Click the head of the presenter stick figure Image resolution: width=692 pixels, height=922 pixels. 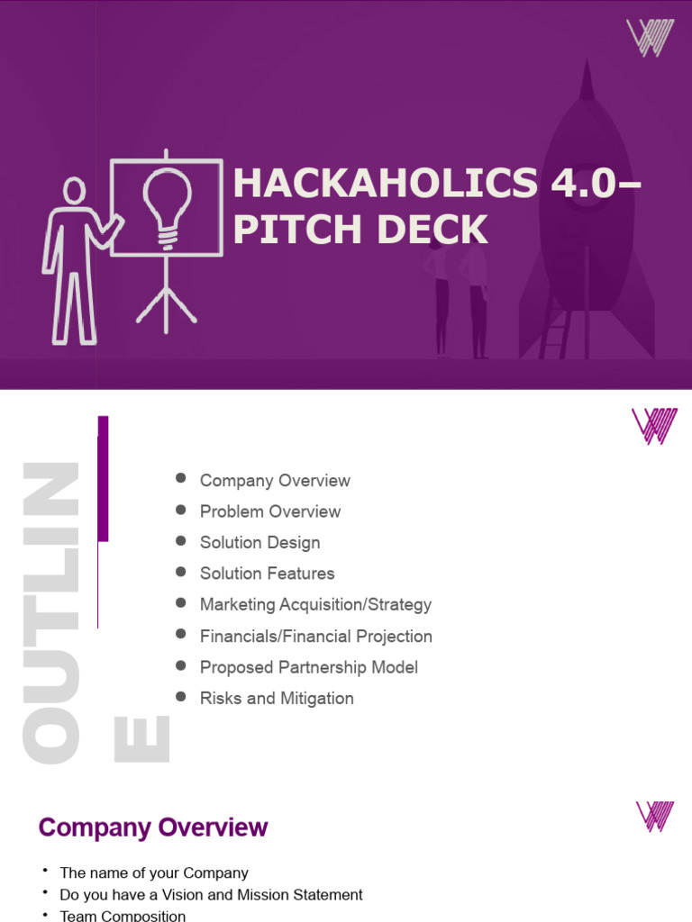(x=74, y=190)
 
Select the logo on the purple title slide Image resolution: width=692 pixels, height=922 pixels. (x=650, y=39)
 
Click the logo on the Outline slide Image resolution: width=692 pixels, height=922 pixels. (x=654, y=426)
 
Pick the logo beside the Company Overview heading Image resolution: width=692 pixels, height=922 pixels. (x=655, y=816)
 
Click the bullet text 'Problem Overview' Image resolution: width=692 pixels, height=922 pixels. (x=270, y=511)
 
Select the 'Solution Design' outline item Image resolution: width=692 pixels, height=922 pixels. (x=259, y=543)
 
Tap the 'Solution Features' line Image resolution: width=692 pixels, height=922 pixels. (x=267, y=574)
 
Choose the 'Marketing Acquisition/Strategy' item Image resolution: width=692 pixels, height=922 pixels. (x=315, y=605)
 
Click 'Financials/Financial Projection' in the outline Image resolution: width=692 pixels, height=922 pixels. (x=315, y=637)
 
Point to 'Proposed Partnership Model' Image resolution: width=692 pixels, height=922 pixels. (x=308, y=667)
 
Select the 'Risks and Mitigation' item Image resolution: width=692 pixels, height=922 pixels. (x=277, y=699)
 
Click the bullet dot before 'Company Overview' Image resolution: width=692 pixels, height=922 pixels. (x=181, y=479)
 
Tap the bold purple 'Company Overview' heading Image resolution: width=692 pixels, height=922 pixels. (x=153, y=827)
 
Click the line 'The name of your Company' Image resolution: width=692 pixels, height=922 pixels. (x=153, y=872)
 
